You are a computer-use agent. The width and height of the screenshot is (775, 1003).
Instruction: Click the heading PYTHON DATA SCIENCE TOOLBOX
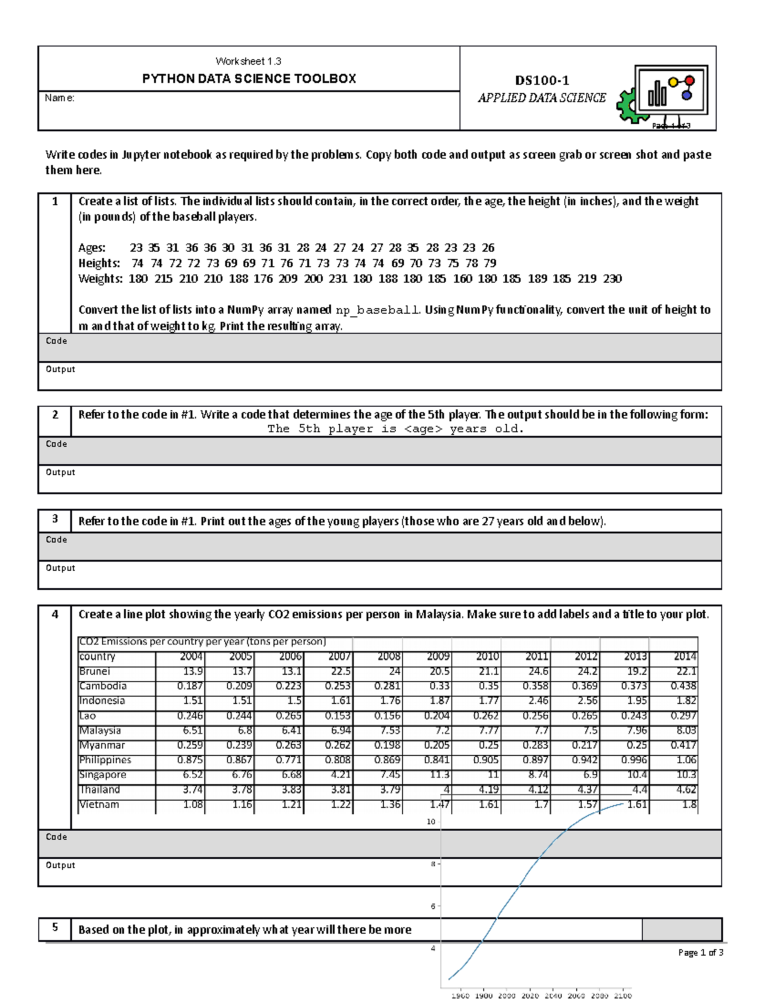(x=249, y=79)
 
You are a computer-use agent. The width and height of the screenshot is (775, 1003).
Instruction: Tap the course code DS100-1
(x=541, y=81)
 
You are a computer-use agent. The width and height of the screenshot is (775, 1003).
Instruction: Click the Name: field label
(x=59, y=98)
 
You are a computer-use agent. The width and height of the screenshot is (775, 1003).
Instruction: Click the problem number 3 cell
(x=55, y=520)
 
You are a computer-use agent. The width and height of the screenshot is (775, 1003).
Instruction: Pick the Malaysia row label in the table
(x=100, y=730)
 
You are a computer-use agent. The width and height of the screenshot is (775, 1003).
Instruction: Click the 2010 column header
(x=488, y=656)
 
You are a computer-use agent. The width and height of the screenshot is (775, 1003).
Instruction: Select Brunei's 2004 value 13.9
(x=192, y=671)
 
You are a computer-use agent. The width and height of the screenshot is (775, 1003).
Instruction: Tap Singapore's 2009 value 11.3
(x=439, y=774)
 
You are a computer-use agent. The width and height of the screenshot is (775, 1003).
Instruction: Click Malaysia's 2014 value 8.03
(x=686, y=730)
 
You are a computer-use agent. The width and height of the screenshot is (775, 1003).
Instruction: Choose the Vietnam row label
(x=99, y=805)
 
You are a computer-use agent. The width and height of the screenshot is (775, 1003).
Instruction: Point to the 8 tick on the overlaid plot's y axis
(x=433, y=864)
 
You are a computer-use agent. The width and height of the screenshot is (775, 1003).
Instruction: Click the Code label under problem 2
(x=56, y=444)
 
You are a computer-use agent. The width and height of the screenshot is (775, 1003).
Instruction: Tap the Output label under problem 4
(x=60, y=865)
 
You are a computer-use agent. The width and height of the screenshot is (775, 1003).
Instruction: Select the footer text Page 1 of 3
(x=700, y=953)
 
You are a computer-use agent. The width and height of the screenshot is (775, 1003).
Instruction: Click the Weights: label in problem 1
(x=100, y=279)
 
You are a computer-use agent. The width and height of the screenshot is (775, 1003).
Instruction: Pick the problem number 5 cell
(x=55, y=928)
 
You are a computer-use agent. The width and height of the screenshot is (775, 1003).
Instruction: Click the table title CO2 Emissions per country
(x=202, y=641)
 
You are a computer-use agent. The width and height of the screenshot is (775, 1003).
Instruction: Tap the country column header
(x=98, y=656)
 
